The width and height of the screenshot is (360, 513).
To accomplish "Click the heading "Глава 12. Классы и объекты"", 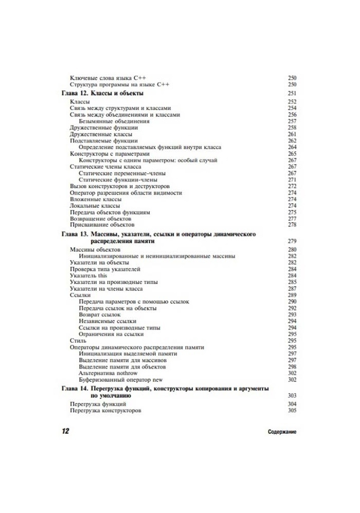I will [103, 93].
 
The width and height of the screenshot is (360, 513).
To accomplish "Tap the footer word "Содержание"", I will [282, 432].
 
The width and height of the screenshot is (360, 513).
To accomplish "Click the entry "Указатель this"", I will [88, 276].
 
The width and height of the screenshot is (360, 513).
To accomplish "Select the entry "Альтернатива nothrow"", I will [109, 373].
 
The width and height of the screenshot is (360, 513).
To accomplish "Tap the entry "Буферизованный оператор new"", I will [121, 379].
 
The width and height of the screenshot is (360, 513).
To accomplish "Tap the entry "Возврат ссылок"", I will [99, 315].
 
